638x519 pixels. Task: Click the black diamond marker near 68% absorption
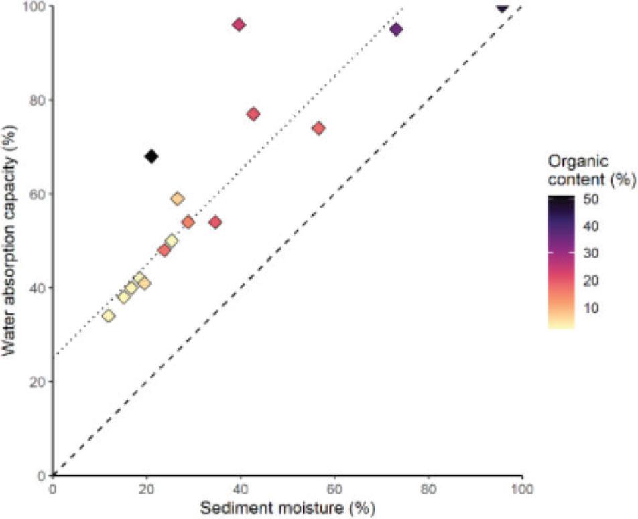click(x=151, y=157)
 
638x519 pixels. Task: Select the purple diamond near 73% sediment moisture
click(x=396, y=29)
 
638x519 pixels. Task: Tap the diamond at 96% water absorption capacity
click(x=239, y=25)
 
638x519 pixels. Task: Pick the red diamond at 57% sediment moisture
click(x=319, y=128)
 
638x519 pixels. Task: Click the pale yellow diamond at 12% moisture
click(x=109, y=316)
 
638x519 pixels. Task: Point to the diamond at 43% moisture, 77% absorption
click(x=253, y=114)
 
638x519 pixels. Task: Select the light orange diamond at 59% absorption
click(x=178, y=198)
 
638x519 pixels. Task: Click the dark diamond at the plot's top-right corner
click(x=502, y=7)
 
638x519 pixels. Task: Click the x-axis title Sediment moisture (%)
click(x=287, y=508)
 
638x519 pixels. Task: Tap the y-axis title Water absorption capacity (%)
click(x=15, y=241)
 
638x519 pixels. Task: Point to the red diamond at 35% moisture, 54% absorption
click(x=215, y=222)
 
